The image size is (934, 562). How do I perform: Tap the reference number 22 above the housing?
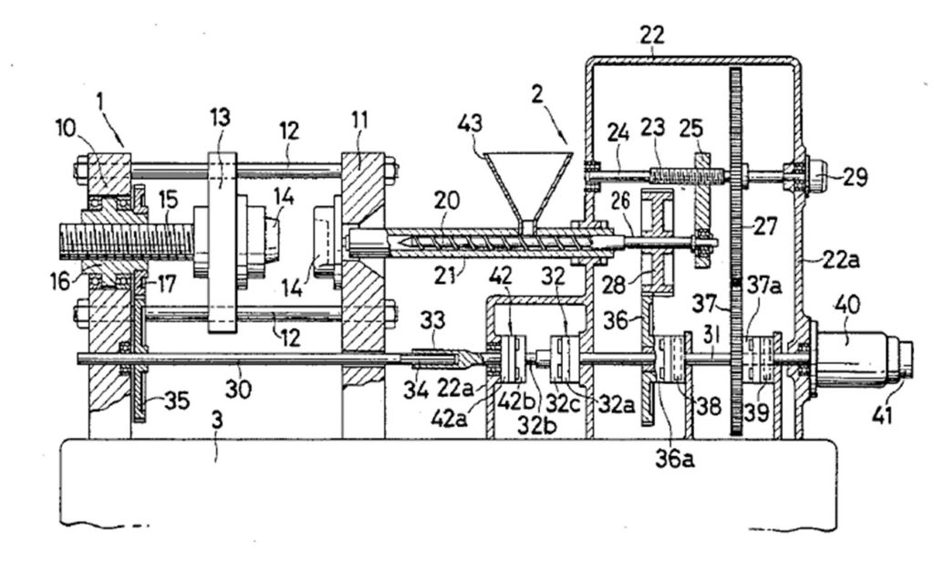tap(651, 36)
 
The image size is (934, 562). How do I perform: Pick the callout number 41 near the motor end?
tap(882, 414)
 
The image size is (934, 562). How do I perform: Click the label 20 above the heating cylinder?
tap(447, 201)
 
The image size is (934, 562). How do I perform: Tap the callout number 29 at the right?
tap(853, 177)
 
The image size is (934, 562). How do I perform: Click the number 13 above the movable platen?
tap(219, 118)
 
